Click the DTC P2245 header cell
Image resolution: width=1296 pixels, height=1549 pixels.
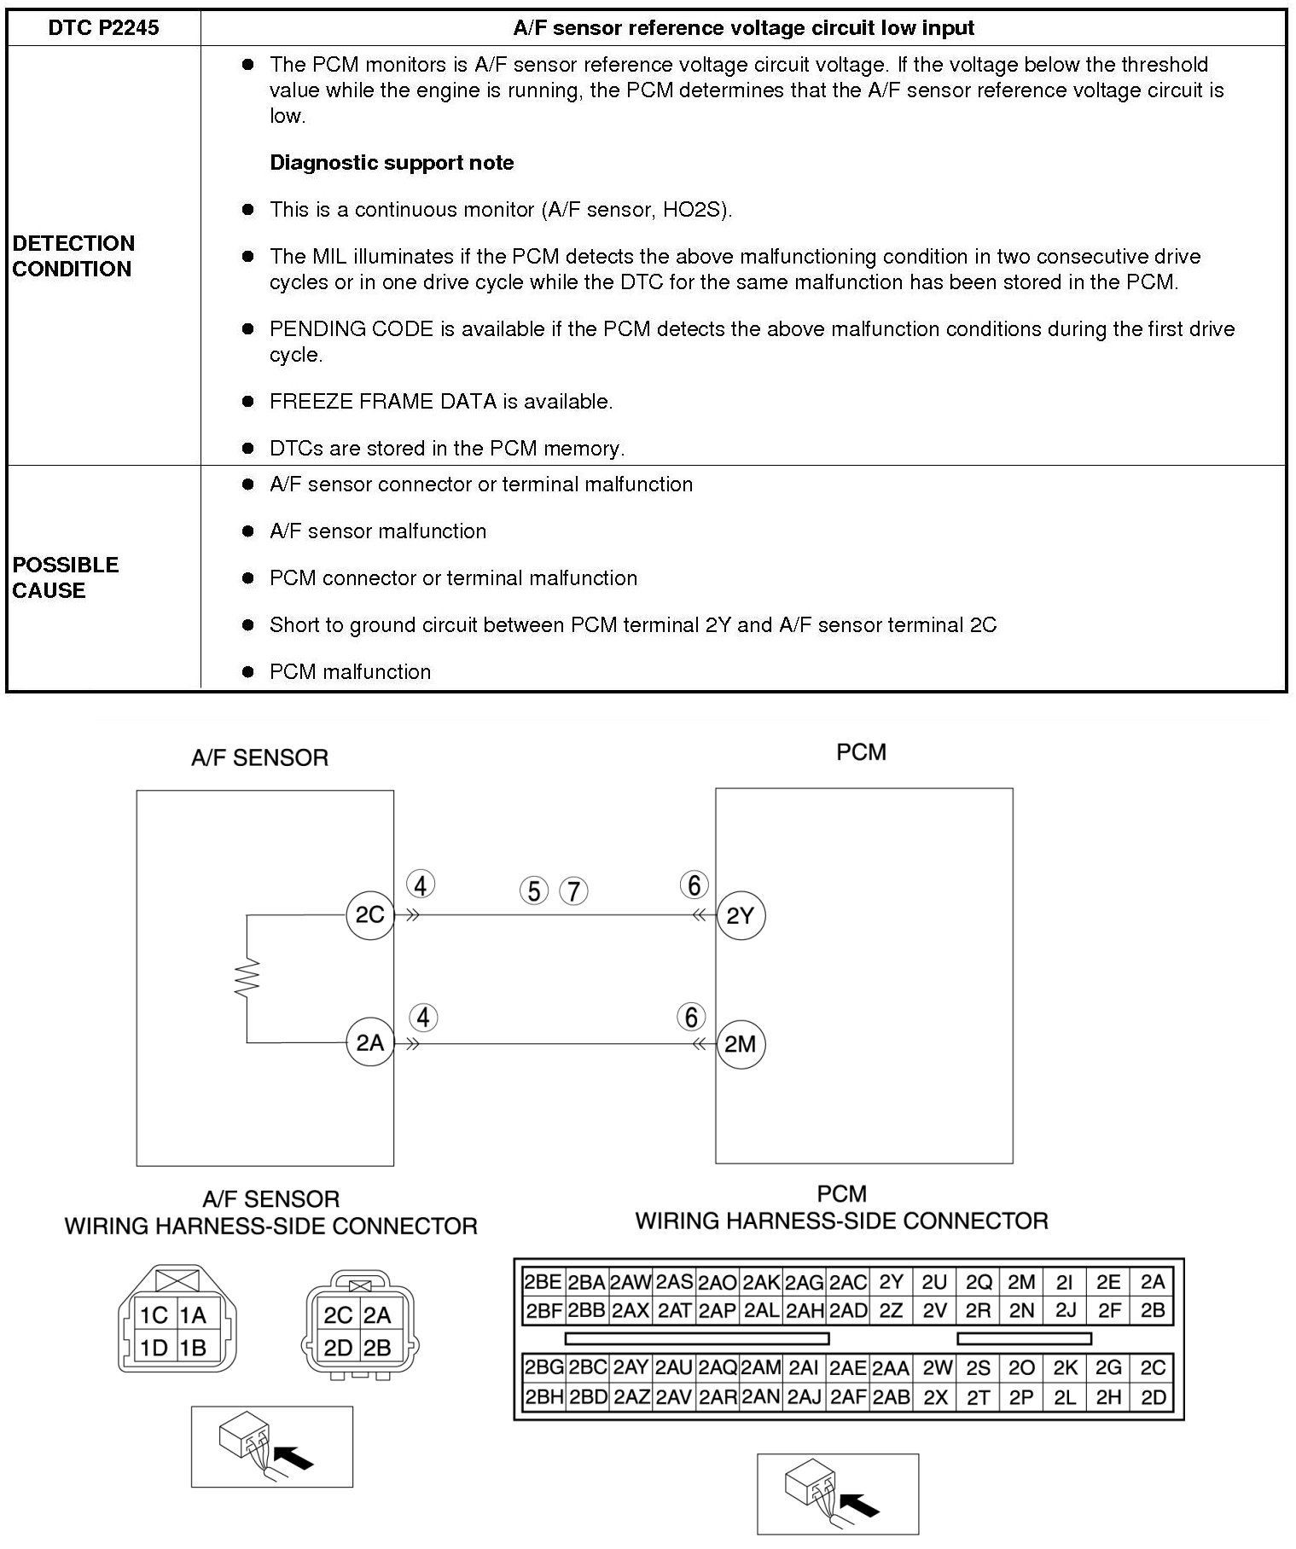tap(103, 27)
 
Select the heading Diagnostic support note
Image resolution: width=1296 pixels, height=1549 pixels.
tap(392, 163)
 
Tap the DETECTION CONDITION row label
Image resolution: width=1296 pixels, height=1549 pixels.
tap(73, 256)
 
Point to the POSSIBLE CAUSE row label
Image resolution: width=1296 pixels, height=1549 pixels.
tap(65, 577)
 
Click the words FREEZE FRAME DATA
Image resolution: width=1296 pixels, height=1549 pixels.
tap(382, 402)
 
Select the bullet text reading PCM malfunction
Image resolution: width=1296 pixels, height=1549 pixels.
tap(350, 672)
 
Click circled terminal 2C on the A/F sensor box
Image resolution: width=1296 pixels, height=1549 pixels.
tap(369, 915)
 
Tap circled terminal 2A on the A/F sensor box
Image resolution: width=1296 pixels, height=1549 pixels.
tap(369, 1043)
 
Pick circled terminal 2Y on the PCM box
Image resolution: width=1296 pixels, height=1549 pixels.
tap(740, 916)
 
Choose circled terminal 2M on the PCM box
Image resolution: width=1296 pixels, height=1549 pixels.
tap(740, 1044)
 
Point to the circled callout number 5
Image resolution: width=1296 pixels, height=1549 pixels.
tap(533, 891)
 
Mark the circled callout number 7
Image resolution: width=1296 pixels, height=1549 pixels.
tap(573, 891)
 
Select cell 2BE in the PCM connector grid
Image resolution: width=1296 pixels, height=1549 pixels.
tap(543, 1282)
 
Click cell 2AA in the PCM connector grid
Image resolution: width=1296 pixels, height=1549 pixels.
tap(891, 1368)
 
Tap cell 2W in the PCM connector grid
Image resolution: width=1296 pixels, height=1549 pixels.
tap(936, 1368)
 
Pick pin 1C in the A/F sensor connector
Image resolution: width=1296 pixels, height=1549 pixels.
tap(154, 1315)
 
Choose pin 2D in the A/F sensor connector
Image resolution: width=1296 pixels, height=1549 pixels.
tap(338, 1348)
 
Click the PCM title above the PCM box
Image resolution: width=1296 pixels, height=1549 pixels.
tap(861, 752)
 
